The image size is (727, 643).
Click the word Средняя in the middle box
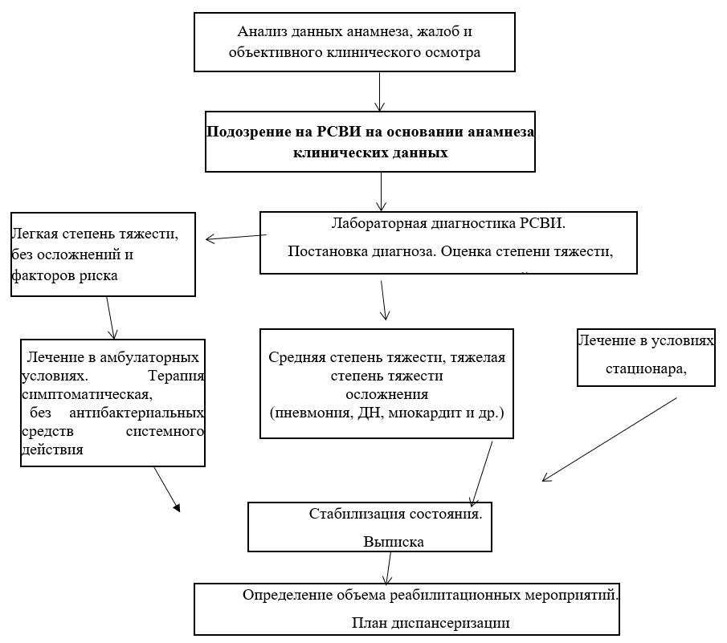pyautogui.click(x=296, y=358)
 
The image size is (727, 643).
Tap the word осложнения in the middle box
pyautogui.click(x=386, y=394)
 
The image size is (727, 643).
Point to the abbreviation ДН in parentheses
pyautogui.click(x=380, y=413)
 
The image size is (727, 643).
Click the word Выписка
pyautogui.click(x=394, y=542)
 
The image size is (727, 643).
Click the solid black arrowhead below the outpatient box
pyautogui.click(x=176, y=507)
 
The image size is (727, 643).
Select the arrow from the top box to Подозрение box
pyautogui.click(x=381, y=90)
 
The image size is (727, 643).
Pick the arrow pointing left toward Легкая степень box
pyautogui.click(x=236, y=237)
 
